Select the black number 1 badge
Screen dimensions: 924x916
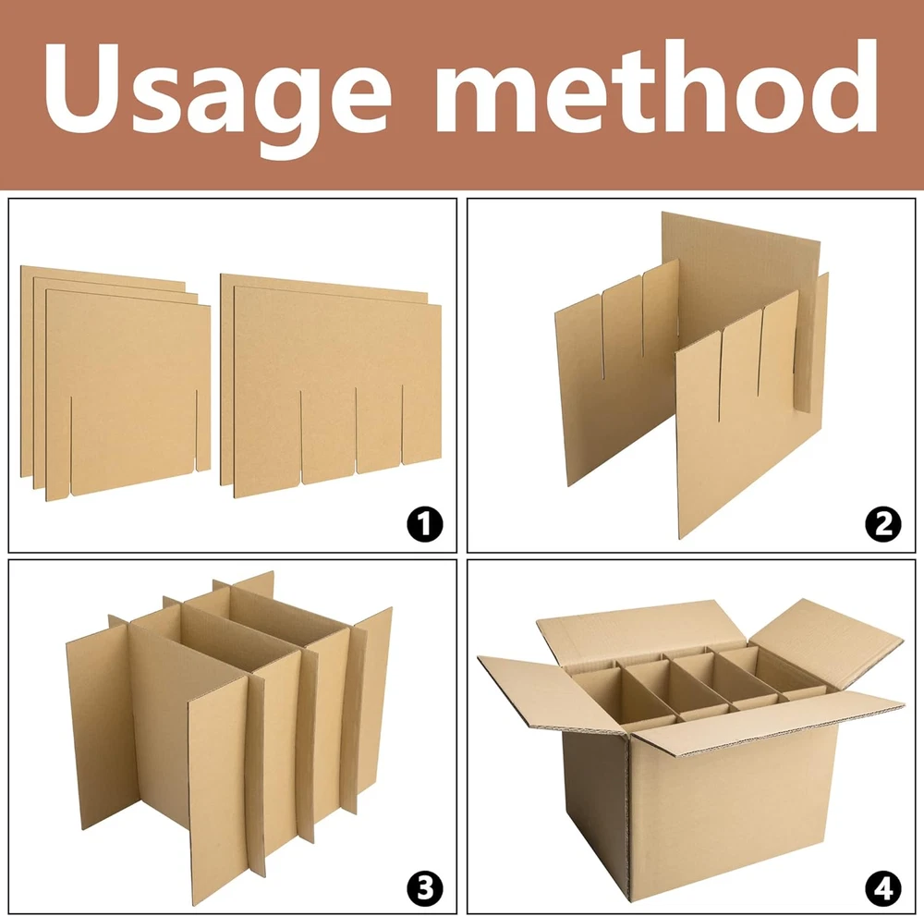tap(425, 523)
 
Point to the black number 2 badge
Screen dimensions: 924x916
tap(882, 523)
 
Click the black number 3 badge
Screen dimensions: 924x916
tap(425, 887)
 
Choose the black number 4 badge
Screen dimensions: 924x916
tap(882, 887)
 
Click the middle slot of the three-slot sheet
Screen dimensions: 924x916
tap(357, 431)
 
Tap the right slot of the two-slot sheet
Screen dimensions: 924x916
tap(196, 431)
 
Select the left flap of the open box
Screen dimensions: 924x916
tap(553, 695)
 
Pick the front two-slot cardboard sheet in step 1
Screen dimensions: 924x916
tap(128, 395)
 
